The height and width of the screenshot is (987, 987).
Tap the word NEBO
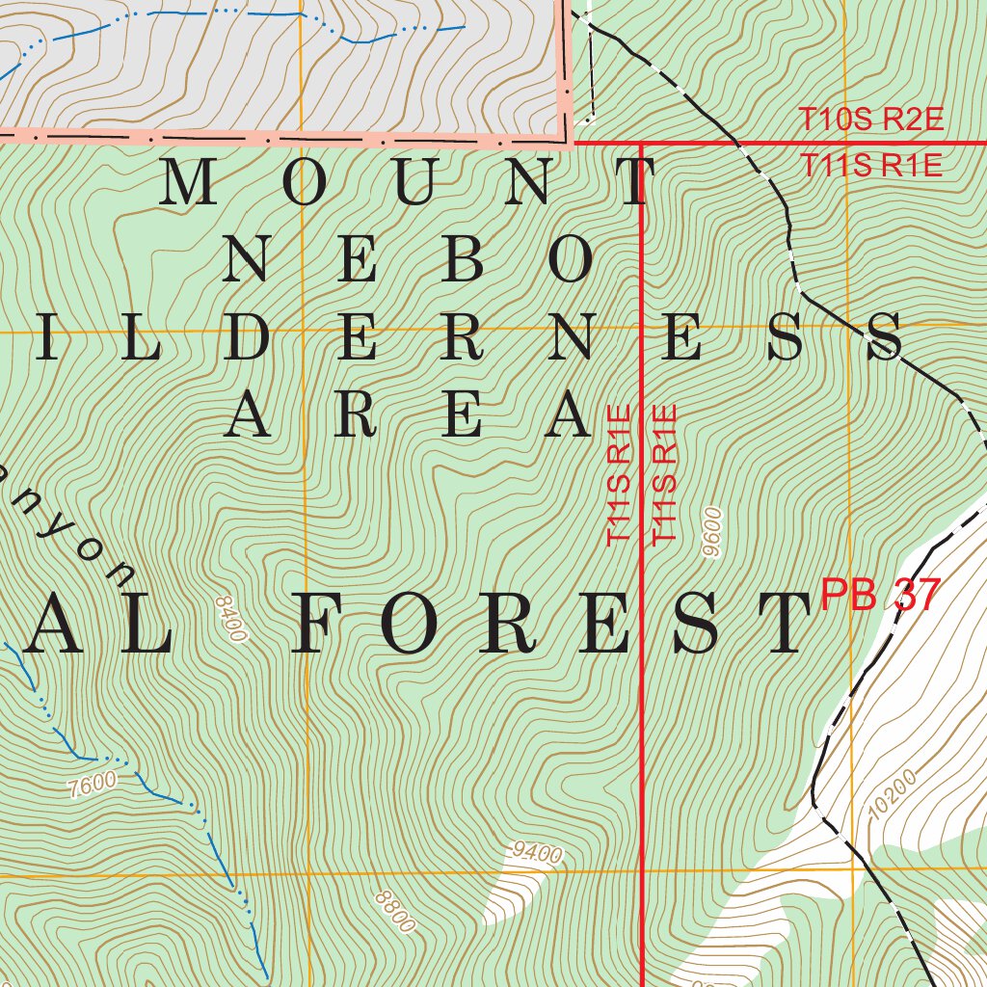[x=409, y=260]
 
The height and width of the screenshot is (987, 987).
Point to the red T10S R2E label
[x=870, y=120]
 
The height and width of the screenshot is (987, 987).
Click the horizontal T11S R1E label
[x=870, y=166]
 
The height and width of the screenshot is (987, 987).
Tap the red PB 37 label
[x=878, y=595]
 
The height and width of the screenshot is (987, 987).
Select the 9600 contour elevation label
[x=713, y=533]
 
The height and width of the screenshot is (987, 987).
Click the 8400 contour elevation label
[x=232, y=619]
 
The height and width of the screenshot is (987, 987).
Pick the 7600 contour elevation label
[x=93, y=785]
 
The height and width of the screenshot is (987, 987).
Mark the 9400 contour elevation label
[x=537, y=852]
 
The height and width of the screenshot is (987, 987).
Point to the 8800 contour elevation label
[x=395, y=912]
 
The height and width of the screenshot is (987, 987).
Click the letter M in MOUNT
[x=189, y=183]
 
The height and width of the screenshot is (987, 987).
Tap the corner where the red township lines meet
[x=642, y=144]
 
